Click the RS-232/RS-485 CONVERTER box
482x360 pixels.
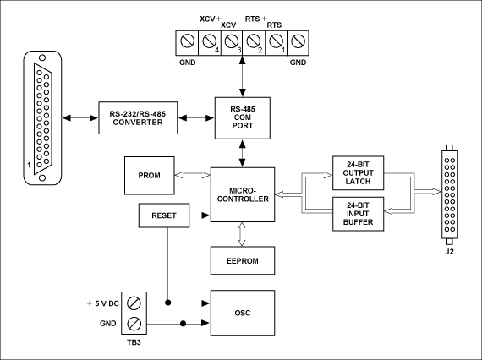point(138,118)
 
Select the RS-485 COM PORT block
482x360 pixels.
point(243,118)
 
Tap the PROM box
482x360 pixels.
point(150,176)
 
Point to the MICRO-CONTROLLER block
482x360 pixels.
point(243,194)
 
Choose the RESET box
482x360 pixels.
point(164,215)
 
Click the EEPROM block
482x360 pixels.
point(243,261)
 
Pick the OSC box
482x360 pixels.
point(243,313)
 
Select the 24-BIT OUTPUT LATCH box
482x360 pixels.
point(359,173)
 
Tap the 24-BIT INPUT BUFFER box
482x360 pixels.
point(359,214)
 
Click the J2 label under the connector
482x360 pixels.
point(449,252)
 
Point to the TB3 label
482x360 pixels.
point(134,342)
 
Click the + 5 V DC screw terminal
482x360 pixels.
point(134,303)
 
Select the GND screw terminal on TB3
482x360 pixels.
point(134,324)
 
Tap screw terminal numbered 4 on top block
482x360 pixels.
point(210,41)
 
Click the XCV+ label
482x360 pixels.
point(211,19)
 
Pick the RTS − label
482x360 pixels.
point(277,25)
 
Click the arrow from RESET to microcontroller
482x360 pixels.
point(200,215)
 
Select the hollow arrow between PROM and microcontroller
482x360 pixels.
point(193,175)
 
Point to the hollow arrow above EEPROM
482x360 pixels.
point(242,234)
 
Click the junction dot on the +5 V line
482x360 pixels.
point(167,303)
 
